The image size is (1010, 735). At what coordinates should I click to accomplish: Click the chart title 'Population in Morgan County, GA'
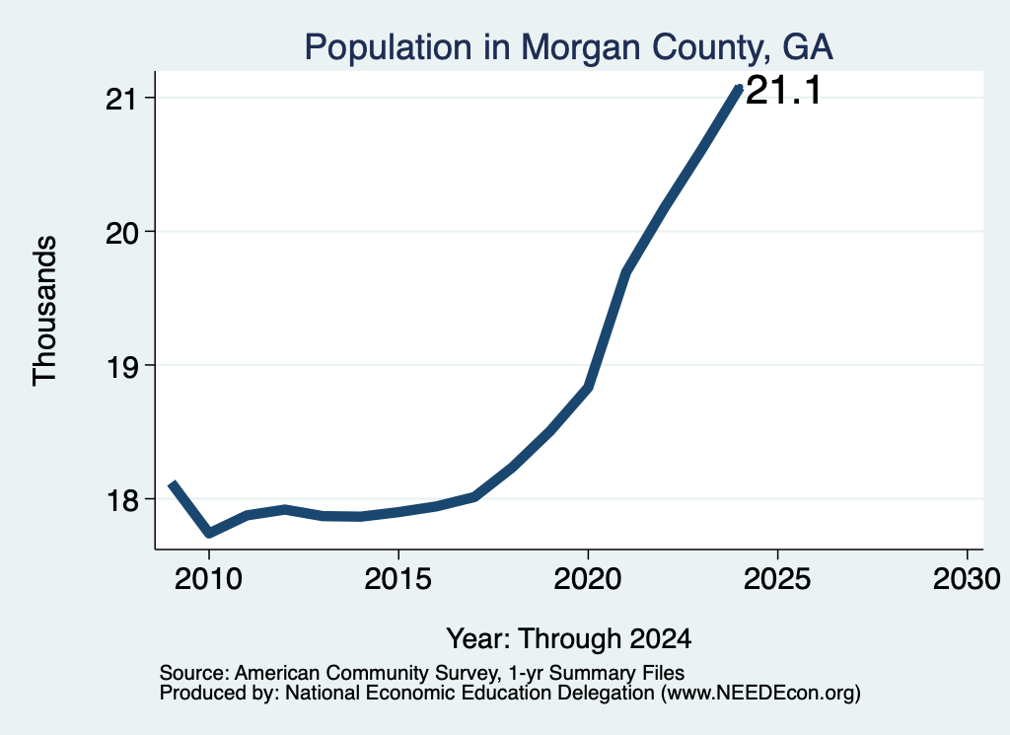click(569, 47)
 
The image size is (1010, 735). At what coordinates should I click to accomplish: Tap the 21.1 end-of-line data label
click(783, 90)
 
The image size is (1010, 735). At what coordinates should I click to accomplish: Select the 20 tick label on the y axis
click(122, 232)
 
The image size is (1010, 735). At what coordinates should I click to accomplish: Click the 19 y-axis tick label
click(122, 366)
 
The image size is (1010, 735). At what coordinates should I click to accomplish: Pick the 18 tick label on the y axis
click(122, 500)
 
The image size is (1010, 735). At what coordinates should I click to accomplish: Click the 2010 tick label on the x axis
click(209, 579)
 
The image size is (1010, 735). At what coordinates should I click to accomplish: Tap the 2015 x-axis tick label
click(398, 579)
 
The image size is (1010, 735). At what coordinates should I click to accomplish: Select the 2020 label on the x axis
click(588, 579)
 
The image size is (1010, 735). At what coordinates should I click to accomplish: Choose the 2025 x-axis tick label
click(777, 579)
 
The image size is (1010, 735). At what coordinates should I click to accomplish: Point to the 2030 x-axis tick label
click(967, 579)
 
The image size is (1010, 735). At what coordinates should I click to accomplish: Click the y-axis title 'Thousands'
click(45, 311)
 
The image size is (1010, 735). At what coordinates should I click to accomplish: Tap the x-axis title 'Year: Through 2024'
click(569, 638)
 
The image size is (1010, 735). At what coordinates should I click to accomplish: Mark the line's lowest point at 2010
click(209, 533)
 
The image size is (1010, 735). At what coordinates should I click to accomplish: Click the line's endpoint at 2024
click(739, 88)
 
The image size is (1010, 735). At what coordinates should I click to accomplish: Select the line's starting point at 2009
click(172, 483)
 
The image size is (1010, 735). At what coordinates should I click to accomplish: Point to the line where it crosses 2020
click(588, 387)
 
